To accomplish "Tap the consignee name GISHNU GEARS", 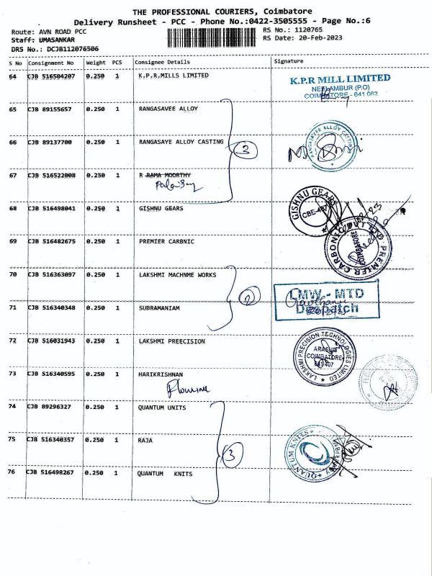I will coord(161,209).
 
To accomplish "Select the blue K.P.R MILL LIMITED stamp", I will coord(340,85).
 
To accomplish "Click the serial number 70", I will coord(13,274).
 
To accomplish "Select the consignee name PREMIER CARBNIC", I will coord(167,242).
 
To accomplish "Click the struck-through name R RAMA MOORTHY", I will coord(165,175).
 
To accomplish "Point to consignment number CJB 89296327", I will coord(50,407).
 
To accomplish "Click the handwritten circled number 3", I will coord(232,454).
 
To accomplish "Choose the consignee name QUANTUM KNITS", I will coord(170,474).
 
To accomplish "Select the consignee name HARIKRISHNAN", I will coord(162,374).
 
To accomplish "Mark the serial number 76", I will coord(13,473).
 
